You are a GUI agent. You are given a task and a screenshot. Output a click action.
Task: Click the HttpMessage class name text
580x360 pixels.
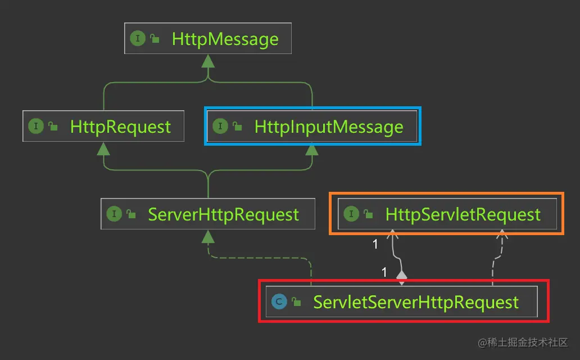click(x=225, y=39)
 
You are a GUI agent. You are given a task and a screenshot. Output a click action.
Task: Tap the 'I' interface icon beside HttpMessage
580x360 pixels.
click(x=137, y=38)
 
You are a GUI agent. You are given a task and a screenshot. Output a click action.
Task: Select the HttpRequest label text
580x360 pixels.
click(x=120, y=127)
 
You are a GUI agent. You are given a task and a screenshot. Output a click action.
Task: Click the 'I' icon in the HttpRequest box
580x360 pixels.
click(x=36, y=126)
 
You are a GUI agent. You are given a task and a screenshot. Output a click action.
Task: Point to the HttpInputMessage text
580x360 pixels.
click(x=329, y=127)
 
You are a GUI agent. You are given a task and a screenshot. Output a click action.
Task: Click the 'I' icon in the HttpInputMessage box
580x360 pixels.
click(x=220, y=126)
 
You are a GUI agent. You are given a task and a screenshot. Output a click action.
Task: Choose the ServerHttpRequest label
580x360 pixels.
click(x=223, y=214)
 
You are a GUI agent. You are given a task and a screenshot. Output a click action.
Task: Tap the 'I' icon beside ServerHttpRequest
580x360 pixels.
click(x=114, y=214)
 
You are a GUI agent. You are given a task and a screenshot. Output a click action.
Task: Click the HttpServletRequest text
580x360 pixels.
click(x=463, y=214)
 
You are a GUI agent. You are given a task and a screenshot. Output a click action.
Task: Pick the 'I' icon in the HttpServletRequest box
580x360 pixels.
click(x=351, y=214)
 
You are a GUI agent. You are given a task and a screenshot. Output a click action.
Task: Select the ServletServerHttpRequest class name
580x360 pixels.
click(x=416, y=302)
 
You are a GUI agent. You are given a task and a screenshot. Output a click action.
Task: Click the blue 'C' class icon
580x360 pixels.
click(x=278, y=302)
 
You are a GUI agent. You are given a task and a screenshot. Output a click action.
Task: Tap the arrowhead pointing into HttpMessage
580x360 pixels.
click(x=208, y=61)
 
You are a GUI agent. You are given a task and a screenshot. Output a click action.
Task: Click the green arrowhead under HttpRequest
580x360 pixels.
click(x=103, y=148)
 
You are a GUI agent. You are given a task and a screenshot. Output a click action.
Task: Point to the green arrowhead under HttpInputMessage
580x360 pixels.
click(x=312, y=148)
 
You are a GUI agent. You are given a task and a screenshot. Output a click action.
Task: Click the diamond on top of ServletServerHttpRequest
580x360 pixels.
click(x=401, y=276)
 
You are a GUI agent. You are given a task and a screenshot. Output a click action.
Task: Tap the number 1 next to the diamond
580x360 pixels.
click(x=384, y=272)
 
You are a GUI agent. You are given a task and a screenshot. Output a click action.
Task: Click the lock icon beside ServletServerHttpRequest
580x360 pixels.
click(x=296, y=303)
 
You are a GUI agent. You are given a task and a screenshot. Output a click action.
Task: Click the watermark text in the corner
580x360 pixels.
click(x=523, y=342)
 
